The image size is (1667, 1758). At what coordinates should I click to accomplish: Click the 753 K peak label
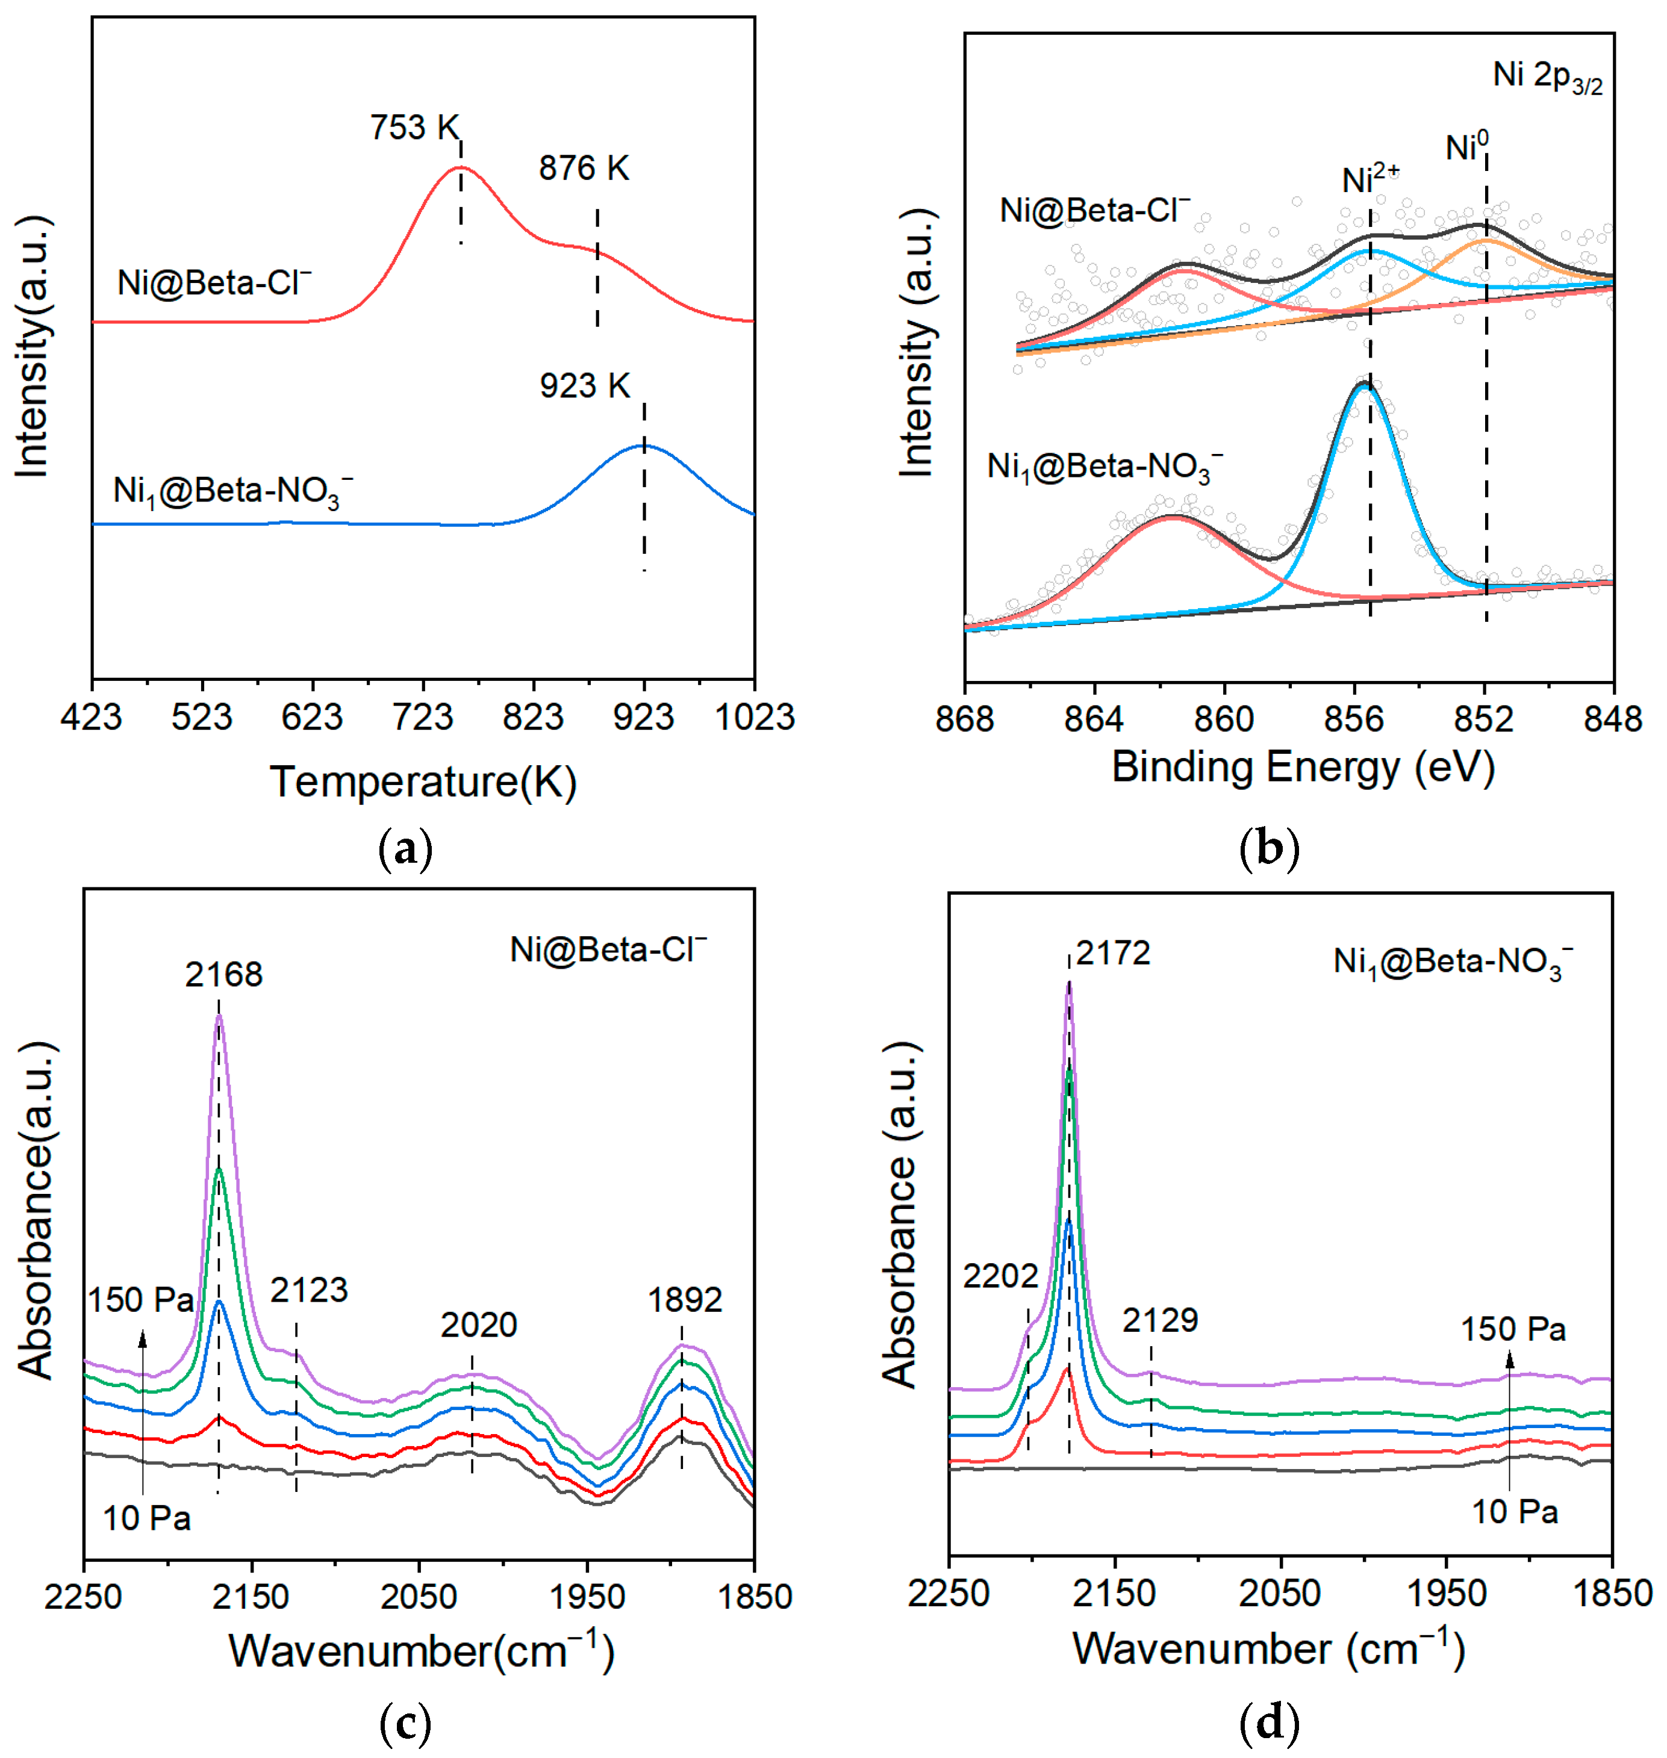coord(414,128)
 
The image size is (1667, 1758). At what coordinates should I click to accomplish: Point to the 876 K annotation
coord(584,169)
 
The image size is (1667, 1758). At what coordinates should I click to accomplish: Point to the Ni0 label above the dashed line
coord(1466,146)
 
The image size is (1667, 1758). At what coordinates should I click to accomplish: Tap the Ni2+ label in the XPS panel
coord(1369,179)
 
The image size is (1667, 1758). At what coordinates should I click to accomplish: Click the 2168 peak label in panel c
coord(224,975)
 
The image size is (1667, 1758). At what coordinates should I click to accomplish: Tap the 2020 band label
coord(479,1325)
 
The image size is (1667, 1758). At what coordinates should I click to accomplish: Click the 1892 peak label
coord(684,1300)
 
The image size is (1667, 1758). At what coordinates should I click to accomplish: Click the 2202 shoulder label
coord(1000,1276)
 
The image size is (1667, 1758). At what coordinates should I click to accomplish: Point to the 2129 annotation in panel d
coord(1160,1321)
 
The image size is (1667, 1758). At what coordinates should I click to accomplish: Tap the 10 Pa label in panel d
coord(1515,1512)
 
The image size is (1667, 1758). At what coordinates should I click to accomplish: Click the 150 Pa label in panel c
coord(140,1300)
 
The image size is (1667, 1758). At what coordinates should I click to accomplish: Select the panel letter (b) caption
coord(1268,849)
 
